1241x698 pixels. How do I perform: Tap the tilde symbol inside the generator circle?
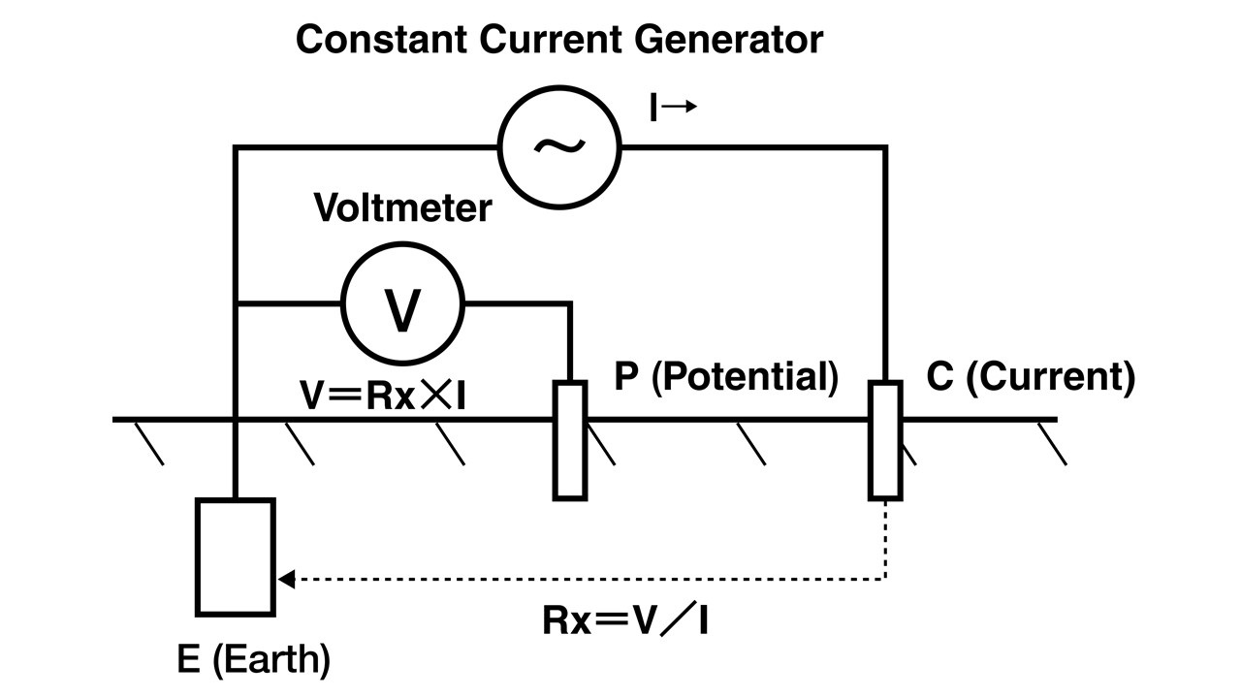559,145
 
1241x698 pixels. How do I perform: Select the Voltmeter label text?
402,208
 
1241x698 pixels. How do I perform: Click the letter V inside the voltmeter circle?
402,309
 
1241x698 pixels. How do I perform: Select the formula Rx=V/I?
624,621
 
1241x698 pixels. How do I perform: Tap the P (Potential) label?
726,377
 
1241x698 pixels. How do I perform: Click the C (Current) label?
1031,377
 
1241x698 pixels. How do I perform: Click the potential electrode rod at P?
570,440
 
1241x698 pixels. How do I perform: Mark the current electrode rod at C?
884,440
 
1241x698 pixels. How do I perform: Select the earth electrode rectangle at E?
236,556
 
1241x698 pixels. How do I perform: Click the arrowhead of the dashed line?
285,580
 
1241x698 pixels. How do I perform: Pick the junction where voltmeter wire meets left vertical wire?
236,304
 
